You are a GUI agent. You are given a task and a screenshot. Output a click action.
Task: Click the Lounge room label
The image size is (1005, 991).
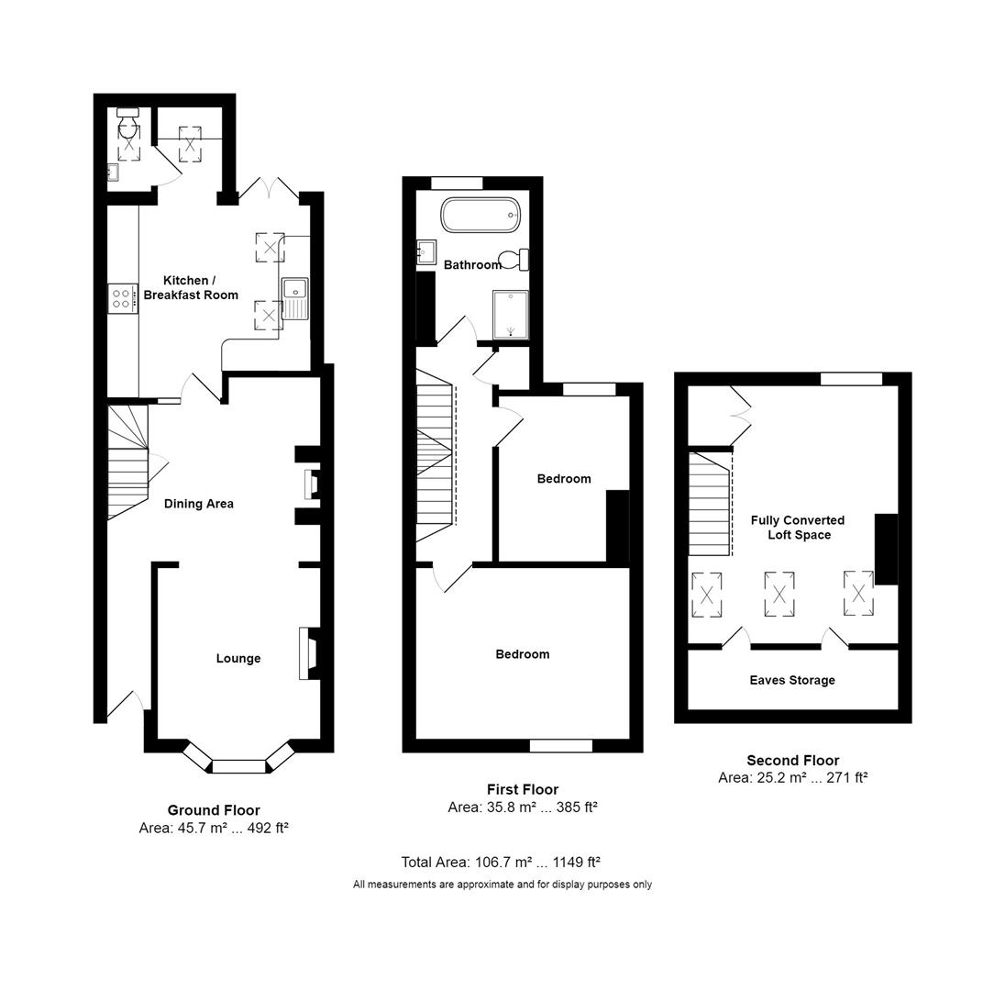[238, 658]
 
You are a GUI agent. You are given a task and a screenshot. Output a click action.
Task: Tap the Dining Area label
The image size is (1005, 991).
[199, 503]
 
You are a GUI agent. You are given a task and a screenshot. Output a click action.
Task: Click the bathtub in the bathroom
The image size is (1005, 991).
[480, 216]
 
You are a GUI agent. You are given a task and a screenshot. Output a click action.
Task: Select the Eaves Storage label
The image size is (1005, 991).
[792, 680]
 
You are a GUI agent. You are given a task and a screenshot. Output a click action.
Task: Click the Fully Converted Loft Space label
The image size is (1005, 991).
[798, 527]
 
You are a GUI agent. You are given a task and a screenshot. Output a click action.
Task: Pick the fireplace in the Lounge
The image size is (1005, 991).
[309, 653]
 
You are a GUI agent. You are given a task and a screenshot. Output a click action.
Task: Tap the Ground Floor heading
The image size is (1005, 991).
[214, 810]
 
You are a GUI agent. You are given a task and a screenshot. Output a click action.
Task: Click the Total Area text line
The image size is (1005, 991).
[501, 862]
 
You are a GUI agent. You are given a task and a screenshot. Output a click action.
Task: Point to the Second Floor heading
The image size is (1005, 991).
[792, 760]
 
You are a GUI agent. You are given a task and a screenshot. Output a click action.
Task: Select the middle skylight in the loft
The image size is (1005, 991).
[779, 593]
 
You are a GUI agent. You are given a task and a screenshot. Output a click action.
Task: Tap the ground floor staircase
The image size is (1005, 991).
[127, 462]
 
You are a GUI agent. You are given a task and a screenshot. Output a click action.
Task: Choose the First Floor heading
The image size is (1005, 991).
[522, 789]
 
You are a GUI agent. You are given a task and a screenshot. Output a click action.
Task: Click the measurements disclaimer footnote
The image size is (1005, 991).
[502, 885]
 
